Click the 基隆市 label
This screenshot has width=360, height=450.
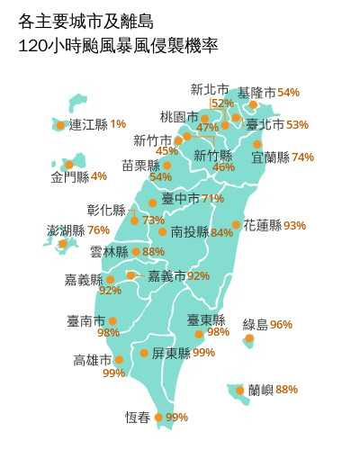[x=256, y=93]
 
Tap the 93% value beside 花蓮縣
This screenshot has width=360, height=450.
[x=294, y=225]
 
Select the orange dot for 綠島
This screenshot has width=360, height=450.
[x=249, y=339]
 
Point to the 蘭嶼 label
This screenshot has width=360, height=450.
[x=261, y=390]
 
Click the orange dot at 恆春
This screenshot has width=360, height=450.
[x=159, y=417]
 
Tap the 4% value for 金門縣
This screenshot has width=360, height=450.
[x=99, y=175]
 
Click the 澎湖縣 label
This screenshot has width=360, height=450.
[x=66, y=230]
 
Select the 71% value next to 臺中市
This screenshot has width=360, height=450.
[x=213, y=198]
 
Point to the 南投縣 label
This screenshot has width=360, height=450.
[x=189, y=232]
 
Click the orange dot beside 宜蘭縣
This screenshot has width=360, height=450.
[x=257, y=144]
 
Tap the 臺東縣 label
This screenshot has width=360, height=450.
[x=206, y=319]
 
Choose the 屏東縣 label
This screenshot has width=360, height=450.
[x=171, y=353]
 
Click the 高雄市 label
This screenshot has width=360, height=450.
[x=93, y=360]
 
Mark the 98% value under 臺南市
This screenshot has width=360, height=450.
[x=108, y=333]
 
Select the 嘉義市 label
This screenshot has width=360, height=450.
[x=166, y=275]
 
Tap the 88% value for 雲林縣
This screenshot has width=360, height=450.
[x=154, y=252]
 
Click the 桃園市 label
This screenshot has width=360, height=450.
[x=179, y=116]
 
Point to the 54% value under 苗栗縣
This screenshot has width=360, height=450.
[x=160, y=177]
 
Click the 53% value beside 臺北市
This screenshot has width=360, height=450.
[x=297, y=124]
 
